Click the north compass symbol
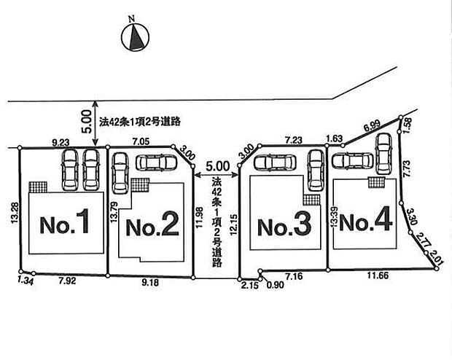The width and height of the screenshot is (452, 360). [x=136, y=36]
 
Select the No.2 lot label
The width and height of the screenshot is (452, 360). [x=152, y=227]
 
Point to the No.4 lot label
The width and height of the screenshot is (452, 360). [x=366, y=222]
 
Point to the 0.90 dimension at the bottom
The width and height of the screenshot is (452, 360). [x=277, y=285]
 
